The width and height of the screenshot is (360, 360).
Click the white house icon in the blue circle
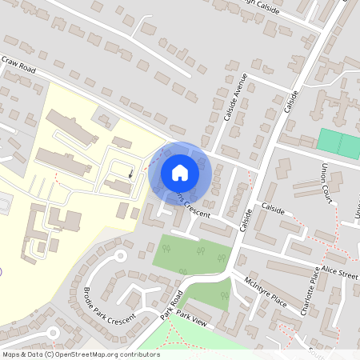click(x=180, y=172)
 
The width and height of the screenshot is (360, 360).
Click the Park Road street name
click(x=170, y=305)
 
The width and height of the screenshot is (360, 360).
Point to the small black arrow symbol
click(x=131, y=172)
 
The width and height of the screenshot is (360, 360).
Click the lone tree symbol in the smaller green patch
click(x=225, y=295)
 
